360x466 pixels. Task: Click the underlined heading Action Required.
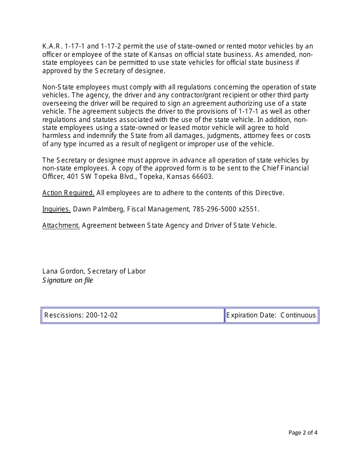68,193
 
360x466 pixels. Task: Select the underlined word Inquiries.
56,209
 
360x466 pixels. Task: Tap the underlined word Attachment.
61,225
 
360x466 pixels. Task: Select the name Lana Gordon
64,271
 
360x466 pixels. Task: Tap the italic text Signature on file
67,280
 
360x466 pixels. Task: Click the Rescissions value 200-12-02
102,315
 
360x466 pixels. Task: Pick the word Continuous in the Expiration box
298,315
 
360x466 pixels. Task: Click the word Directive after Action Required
268,193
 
